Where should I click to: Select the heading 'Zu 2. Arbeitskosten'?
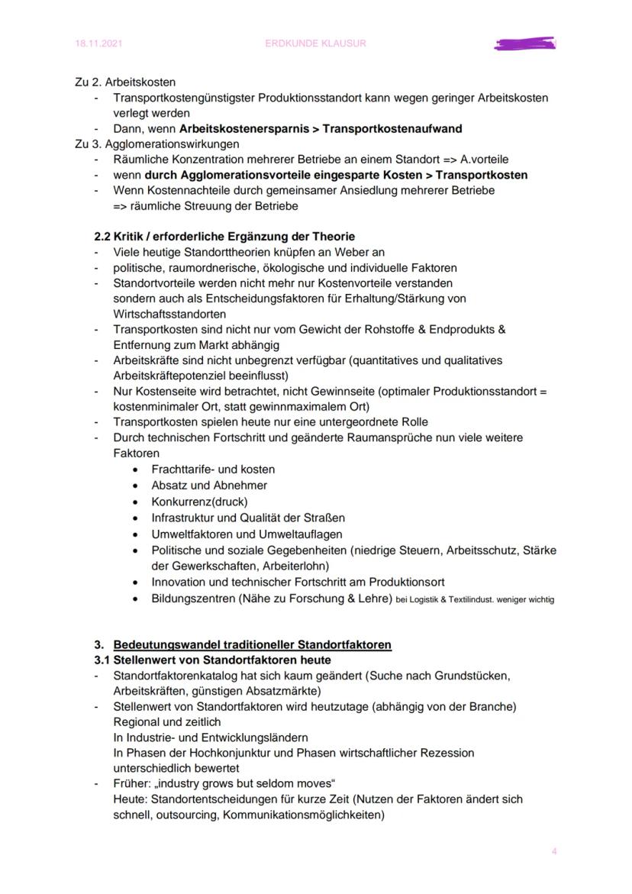(125, 82)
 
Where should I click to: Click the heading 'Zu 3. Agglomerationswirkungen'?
(157, 144)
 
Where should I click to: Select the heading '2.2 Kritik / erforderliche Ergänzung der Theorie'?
(224, 237)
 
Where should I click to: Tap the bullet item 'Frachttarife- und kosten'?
(213, 469)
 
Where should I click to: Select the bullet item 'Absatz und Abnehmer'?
(209, 485)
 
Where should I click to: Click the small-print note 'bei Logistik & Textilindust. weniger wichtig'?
(475, 599)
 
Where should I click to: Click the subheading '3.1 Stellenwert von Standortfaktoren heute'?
(212, 660)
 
